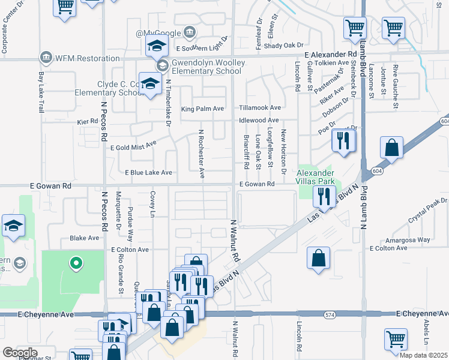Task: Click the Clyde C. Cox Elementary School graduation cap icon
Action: [149, 83]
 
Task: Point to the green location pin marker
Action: [76, 263]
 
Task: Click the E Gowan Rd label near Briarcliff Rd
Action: [257, 184]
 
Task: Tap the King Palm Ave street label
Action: [202, 109]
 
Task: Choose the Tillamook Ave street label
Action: [260, 108]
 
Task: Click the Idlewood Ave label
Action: [259, 121]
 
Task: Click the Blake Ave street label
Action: [84, 238]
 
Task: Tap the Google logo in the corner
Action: [19, 353]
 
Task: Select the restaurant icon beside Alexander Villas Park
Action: [324, 196]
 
